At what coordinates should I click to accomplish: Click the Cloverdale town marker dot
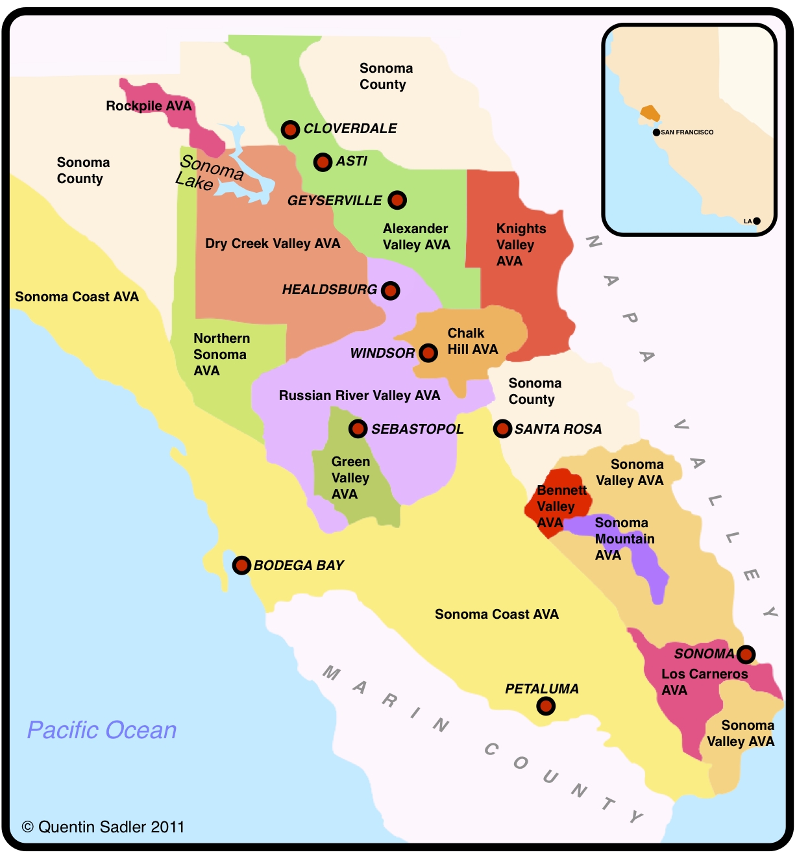coord(290,129)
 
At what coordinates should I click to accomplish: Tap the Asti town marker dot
coord(323,162)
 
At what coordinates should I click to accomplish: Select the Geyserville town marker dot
coord(397,200)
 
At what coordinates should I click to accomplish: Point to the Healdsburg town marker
coord(390,290)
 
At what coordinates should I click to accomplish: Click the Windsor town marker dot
coord(428,353)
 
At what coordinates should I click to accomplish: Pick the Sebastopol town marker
coord(358,429)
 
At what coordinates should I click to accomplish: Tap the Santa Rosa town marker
coord(502,429)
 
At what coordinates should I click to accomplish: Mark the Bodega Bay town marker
coord(241,565)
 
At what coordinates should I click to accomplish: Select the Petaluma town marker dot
coord(546,706)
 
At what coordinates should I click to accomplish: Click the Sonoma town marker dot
coord(746,653)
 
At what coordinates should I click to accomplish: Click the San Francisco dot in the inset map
coord(656,132)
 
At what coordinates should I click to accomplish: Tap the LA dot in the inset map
coord(757,221)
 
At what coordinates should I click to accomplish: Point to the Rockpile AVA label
coord(149,106)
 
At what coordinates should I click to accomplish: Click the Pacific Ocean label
coord(102,730)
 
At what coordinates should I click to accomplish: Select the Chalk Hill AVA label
coord(472,342)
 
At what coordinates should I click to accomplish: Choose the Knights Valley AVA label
coord(521,245)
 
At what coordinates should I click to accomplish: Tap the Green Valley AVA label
coord(350,478)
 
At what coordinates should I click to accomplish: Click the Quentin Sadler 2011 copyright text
coord(103,827)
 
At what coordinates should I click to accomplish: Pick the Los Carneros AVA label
coord(704,682)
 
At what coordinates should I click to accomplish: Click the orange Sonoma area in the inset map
coord(650,114)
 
